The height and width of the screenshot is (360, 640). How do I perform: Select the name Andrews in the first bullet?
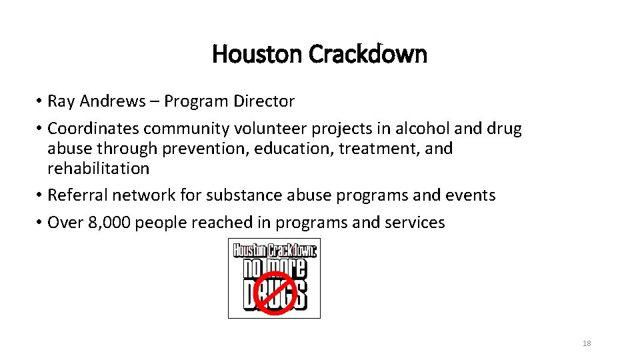tap(112, 101)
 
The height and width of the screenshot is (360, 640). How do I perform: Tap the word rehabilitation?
tap(98, 168)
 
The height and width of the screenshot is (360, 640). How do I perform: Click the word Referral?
tap(77, 195)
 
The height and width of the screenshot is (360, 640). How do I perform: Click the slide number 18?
tap(587, 343)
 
